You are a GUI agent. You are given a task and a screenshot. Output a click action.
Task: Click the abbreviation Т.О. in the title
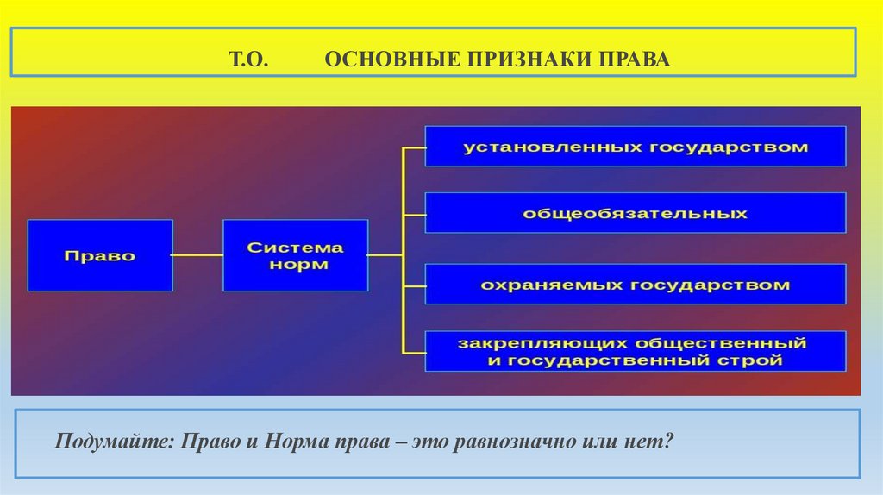250,62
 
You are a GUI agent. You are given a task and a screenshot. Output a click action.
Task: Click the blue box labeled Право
100,255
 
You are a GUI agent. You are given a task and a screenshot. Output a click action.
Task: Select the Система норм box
295,255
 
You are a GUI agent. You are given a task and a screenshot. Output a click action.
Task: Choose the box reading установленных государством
636,147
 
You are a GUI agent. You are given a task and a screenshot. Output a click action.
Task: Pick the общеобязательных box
636,213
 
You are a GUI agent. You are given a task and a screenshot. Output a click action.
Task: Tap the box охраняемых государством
636,284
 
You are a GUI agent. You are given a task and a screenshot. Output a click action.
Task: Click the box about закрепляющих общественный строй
636,351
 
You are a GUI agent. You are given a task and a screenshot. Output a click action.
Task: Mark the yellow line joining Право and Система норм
197,255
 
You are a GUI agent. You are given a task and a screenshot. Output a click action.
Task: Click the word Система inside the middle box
295,247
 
